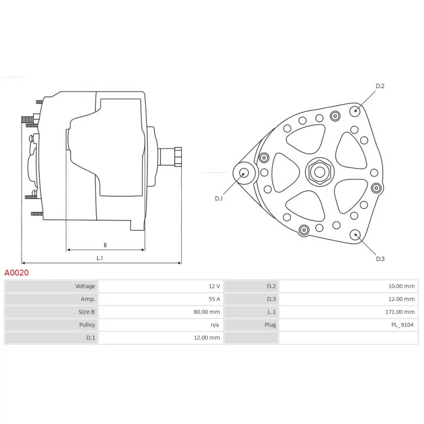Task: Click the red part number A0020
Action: coord(16,272)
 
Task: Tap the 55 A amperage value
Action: coord(214,299)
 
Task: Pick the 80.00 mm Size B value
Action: coord(207,312)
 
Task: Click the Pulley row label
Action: coord(87,325)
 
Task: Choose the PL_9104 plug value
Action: coord(402,325)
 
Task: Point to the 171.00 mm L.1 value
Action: coord(400,312)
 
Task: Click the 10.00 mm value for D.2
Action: coord(401,286)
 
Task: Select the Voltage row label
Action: coord(85,286)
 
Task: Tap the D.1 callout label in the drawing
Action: coord(219,198)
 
